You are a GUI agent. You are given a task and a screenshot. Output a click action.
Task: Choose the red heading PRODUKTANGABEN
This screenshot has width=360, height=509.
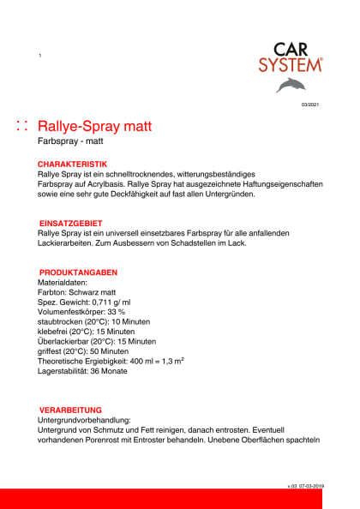(76, 272)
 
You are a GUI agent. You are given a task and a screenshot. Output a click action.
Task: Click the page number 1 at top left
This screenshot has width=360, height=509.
(40, 56)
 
